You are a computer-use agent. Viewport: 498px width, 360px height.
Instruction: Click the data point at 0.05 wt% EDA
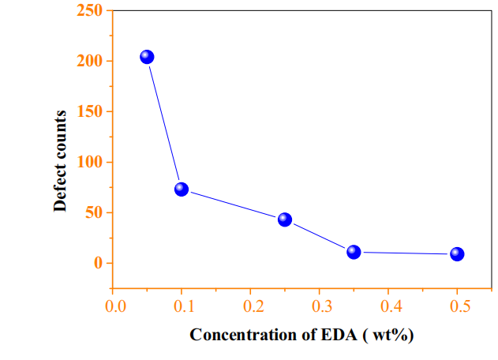click(147, 57)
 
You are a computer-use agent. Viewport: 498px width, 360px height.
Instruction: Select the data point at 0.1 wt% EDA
click(182, 189)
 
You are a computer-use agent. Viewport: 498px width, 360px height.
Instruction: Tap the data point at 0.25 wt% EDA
click(285, 219)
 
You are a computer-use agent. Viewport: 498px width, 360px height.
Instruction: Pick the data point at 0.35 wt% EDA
click(354, 252)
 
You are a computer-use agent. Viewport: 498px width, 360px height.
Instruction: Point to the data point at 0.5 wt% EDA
click(457, 253)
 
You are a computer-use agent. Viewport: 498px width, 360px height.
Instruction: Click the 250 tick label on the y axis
click(89, 10)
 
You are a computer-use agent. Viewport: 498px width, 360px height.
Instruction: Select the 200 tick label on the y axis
click(89, 61)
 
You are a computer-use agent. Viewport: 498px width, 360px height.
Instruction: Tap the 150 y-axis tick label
click(89, 111)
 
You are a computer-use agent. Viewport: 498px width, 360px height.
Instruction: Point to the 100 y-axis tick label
click(89, 162)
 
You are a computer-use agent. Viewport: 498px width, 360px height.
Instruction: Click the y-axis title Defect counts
click(60, 160)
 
